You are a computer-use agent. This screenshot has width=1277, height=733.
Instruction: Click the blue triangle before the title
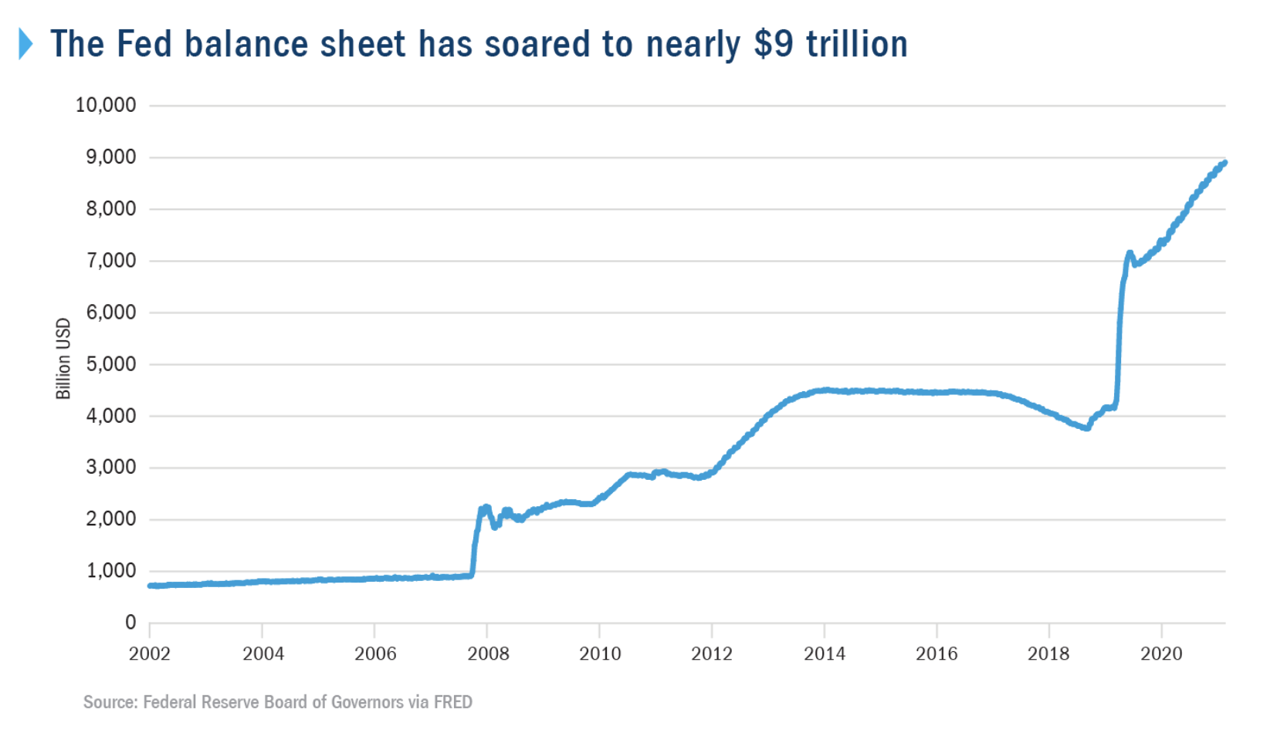click(25, 44)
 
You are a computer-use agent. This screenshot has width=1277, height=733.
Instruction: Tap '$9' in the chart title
click(774, 44)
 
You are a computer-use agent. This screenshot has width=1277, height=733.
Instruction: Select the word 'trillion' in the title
click(857, 44)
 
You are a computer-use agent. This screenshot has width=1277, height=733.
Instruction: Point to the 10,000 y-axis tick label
click(106, 105)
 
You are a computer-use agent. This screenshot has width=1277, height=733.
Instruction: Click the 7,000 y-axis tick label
click(111, 261)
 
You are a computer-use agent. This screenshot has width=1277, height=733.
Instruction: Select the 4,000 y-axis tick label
click(111, 416)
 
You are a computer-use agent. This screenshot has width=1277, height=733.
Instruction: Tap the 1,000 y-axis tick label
click(111, 571)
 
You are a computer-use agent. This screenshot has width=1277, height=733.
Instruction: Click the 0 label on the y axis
click(130, 623)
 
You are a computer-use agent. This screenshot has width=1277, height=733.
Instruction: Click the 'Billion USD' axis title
click(63, 359)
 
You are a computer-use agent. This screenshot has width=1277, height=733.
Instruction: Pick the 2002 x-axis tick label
click(149, 654)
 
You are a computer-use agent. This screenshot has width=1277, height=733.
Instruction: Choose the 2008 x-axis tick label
click(488, 654)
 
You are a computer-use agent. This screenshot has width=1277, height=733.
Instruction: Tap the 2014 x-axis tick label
click(825, 654)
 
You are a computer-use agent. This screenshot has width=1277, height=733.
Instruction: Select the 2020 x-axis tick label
click(1161, 654)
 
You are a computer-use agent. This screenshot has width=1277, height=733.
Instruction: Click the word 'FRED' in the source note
click(453, 702)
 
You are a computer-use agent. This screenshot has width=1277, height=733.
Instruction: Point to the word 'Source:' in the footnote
click(110, 702)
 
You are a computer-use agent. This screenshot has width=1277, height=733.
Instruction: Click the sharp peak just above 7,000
click(1130, 253)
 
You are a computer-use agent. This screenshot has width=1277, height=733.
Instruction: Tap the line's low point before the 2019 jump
click(1087, 427)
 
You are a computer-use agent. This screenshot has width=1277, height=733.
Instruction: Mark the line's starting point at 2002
click(151, 586)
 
